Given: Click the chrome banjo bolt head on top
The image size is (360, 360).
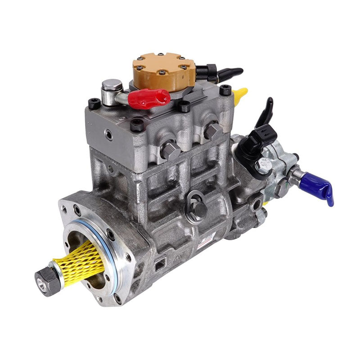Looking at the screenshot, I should (x=112, y=85).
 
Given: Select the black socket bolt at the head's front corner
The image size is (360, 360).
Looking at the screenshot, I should (x=137, y=125).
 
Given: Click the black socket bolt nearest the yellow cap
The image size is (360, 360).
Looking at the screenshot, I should (x=225, y=90).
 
